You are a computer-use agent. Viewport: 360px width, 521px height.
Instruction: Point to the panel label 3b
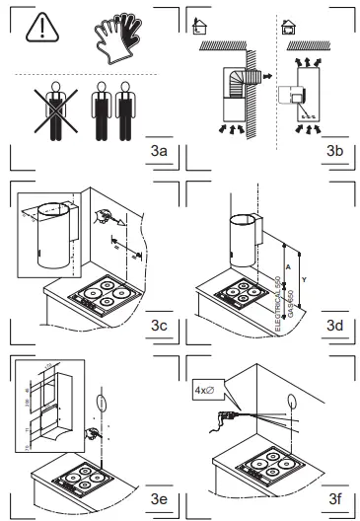(333, 150)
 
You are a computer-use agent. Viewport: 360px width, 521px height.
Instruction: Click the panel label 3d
(333, 325)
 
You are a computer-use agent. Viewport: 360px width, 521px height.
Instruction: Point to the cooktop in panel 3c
(103, 297)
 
